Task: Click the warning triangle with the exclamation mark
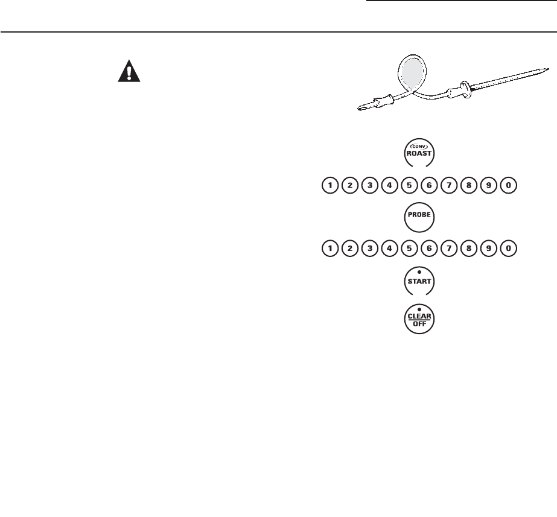pos(128,72)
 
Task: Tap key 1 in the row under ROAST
pos(330,186)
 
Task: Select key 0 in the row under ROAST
pos(509,186)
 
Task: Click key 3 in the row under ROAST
pos(370,186)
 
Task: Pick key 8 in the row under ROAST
pos(469,186)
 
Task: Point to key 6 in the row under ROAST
pos(429,186)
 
